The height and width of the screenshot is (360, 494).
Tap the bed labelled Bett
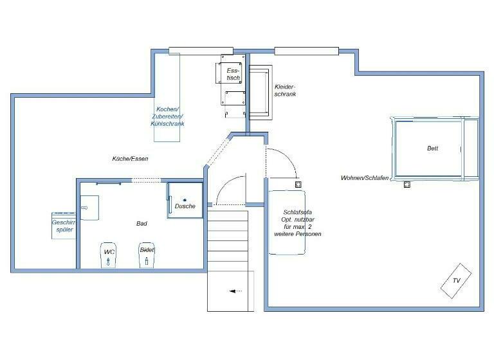coord(434,148)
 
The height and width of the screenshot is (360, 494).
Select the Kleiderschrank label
coord(285,90)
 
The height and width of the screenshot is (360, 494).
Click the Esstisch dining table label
coord(233,74)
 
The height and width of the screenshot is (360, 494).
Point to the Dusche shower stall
coord(185,201)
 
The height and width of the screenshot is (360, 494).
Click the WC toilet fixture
coord(109,255)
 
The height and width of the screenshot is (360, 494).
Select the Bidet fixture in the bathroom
coord(147,254)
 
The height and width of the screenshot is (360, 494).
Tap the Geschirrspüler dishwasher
coord(64,226)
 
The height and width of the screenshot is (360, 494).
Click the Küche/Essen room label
coord(131,158)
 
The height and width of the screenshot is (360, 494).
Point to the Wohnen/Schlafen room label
coord(365,177)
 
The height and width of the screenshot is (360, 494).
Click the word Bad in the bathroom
coord(142,224)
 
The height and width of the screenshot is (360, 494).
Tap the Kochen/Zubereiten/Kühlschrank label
coord(167,116)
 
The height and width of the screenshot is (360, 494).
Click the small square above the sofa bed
coord(298,184)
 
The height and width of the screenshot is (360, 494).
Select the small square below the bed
coord(407,185)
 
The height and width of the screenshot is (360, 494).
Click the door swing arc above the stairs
coord(230,191)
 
